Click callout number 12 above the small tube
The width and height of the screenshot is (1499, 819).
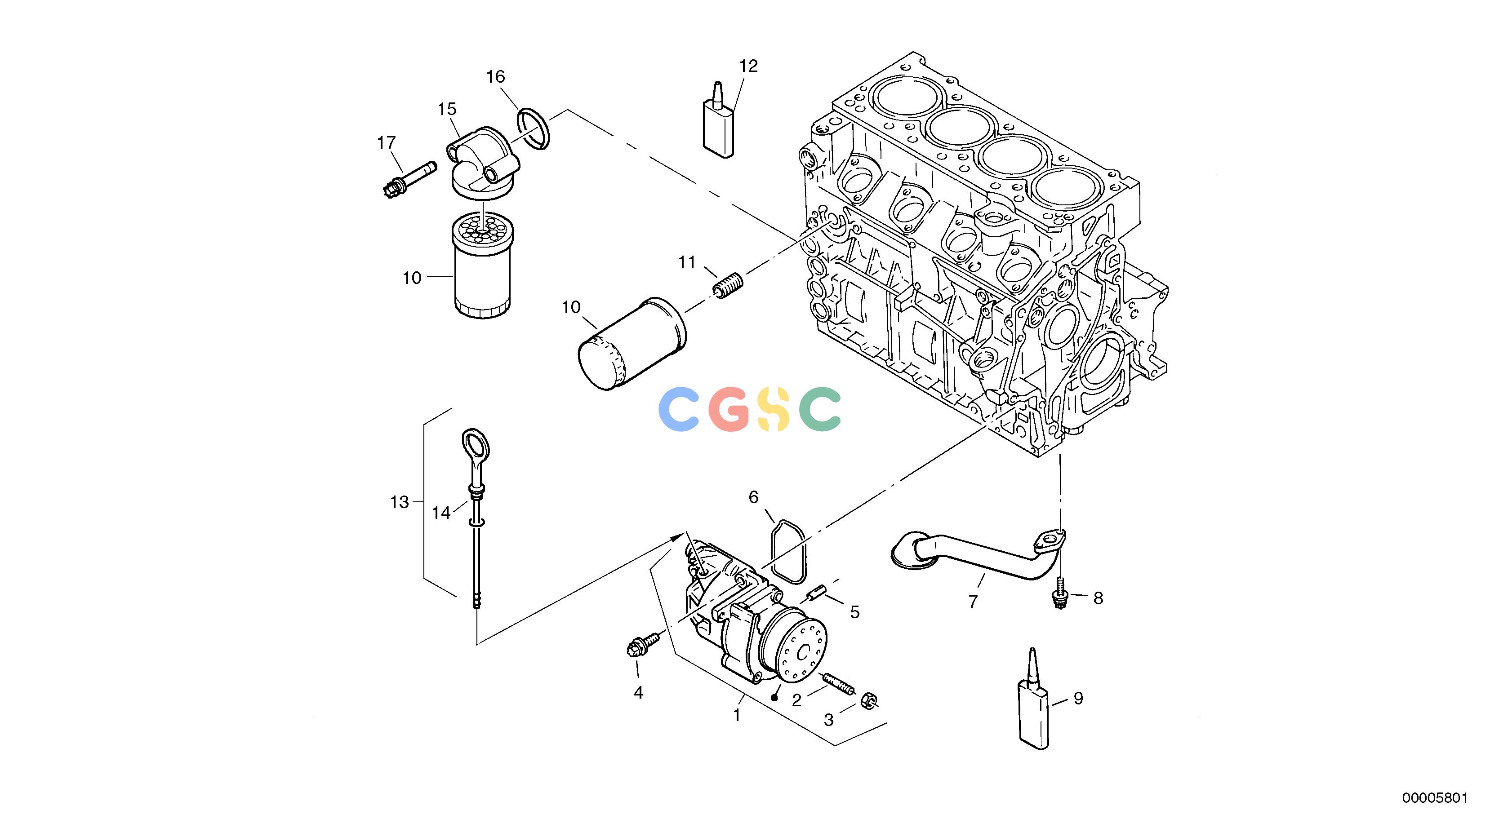[x=749, y=66]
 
